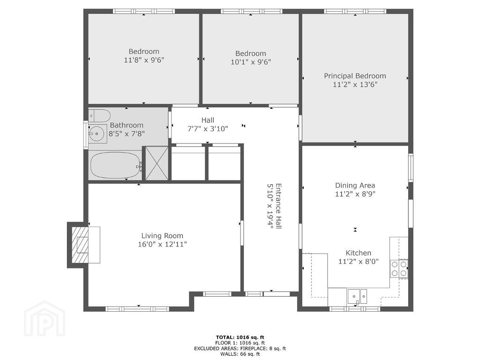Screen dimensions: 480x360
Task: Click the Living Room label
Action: pyautogui.click(x=162, y=236)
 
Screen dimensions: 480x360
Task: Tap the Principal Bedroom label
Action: pyautogui.click(x=355, y=76)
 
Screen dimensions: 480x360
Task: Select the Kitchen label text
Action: pyautogui.click(x=359, y=253)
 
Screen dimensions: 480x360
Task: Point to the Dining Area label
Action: pyautogui.click(x=355, y=185)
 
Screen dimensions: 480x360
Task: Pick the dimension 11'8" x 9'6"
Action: pyautogui.click(x=144, y=60)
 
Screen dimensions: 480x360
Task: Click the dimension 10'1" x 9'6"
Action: pyautogui.click(x=251, y=62)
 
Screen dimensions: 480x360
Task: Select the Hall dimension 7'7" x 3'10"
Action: pyautogui.click(x=208, y=128)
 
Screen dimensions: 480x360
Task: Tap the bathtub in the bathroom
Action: pyautogui.click(x=115, y=165)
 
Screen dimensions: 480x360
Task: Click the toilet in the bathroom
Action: pyautogui.click(x=99, y=116)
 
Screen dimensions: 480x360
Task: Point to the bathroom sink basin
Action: pyautogui.click(x=97, y=134)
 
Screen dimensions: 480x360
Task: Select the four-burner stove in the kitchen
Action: pyautogui.click(x=399, y=269)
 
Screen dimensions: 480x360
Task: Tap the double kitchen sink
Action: pyautogui.click(x=357, y=297)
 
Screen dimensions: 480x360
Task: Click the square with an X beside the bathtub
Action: pyautogui.click(x=157, y=164)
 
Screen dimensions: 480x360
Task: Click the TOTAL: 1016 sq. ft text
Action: pyautogui.click(x=240, y=337)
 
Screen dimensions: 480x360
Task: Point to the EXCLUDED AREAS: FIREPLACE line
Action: pyautogui.click(x=240, y=348)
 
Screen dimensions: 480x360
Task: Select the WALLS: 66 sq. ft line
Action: pyautogui.click(x=240, y=354)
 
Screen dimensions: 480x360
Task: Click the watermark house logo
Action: pyautogui.click(x=45, y=318)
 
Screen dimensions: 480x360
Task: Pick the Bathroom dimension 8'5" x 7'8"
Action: pyautogui.click(x=127, y=134)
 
